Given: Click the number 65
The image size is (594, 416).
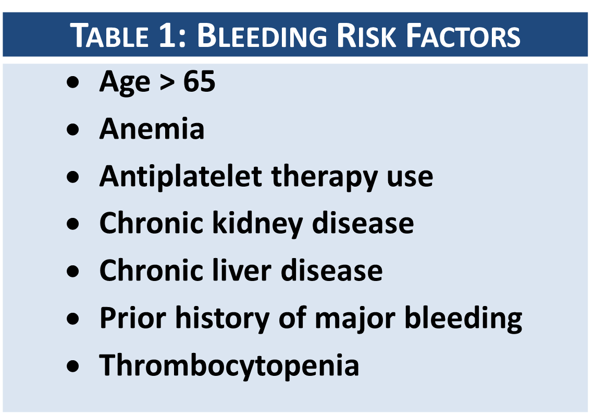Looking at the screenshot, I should pyautogui.click(x=199, y=82).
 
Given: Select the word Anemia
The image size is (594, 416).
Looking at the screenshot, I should pyautogui.click(x=152, y=129).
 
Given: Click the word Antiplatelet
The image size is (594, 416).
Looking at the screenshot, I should pyautogui.click(x=181, y=176).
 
